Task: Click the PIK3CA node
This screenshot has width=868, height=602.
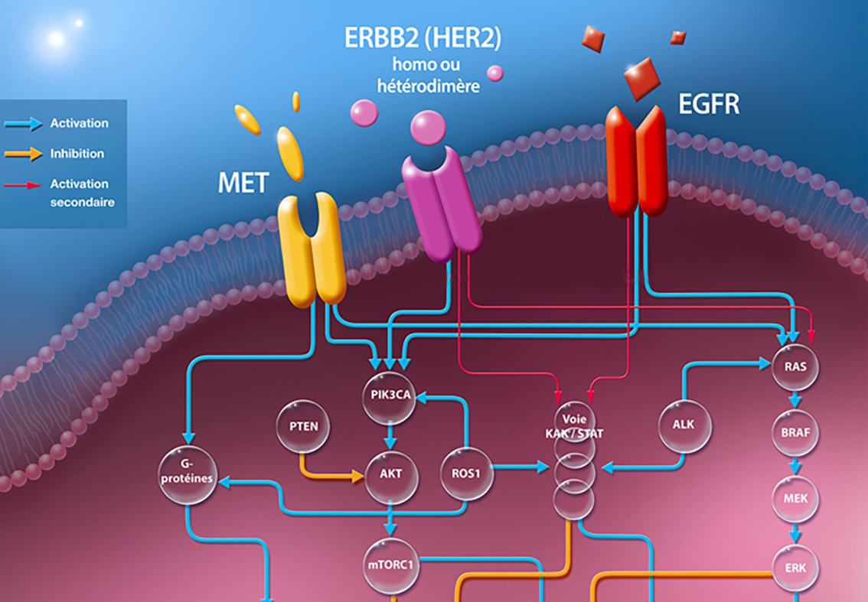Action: [x=389, y=397]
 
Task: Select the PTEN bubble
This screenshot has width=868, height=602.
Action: [x=303, y=425]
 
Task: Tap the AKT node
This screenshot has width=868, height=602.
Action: [x=390, y=473]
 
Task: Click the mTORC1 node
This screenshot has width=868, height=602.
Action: [x=390, y=567]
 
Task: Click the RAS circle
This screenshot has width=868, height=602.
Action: [x=795, y=367]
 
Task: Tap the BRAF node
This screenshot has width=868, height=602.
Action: [x=795, y=433]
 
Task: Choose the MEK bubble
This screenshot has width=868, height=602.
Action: [x=795, y=499]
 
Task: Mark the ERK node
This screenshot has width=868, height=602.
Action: [x=795, y=568]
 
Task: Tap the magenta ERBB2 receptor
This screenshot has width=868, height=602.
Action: [x=442, y=203]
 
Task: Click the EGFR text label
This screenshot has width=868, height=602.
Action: [x=709, y=104]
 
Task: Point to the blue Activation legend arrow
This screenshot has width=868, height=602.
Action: [x=23, y=123]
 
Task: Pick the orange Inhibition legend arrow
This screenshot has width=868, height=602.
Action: [x=23, y=154]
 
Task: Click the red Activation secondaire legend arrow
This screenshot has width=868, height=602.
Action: [x=23, y=184]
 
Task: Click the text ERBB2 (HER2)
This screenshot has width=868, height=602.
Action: [x=423, y=38]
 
